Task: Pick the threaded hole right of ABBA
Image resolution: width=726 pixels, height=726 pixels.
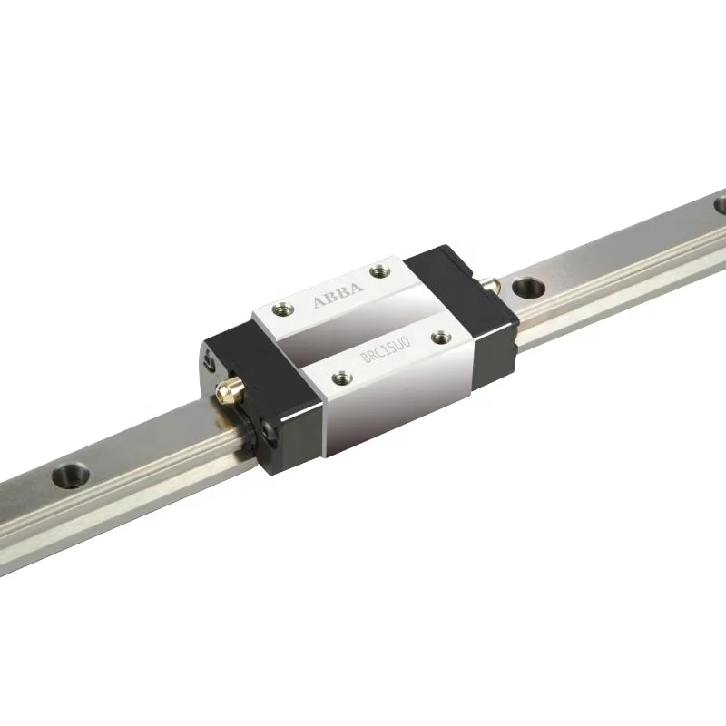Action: point(379,269)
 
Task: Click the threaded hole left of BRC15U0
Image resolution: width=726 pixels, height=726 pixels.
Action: point(341,374)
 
